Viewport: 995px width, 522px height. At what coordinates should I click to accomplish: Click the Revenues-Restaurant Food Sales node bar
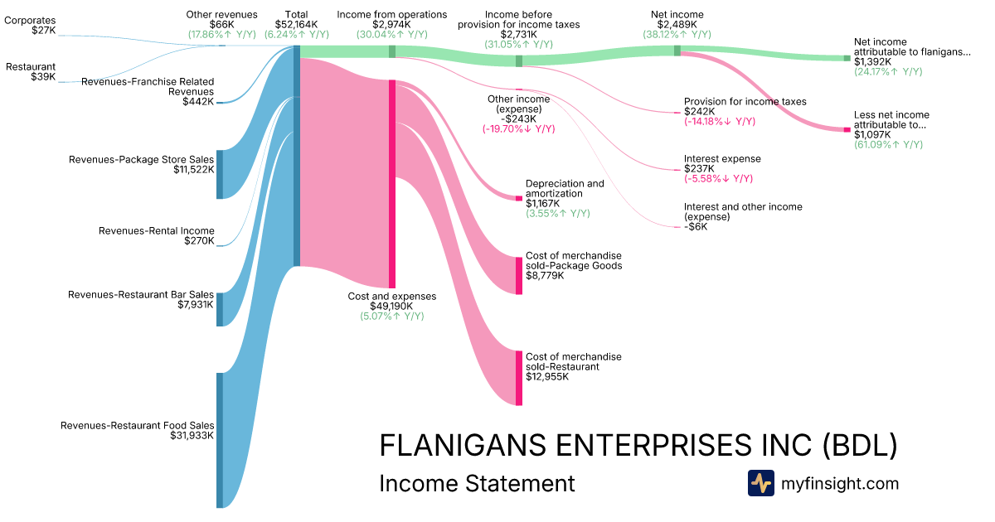pos(220,440)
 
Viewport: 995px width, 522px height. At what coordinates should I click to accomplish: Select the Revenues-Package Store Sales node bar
pos(220,175)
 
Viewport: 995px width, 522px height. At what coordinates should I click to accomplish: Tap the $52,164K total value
pos(296,25)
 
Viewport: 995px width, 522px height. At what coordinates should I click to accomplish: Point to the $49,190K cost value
pos(391,306)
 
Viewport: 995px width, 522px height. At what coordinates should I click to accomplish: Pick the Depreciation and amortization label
pos(565,188)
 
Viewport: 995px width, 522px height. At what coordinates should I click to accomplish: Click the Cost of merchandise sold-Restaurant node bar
pos(519,378)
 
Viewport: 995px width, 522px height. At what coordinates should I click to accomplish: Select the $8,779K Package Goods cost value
pos(545,276)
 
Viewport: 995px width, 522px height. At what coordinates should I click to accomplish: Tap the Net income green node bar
pos(677,51)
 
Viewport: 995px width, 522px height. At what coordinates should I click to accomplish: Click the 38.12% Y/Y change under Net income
pos(677,35)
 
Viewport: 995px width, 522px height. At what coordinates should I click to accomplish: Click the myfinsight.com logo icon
pos(760,483)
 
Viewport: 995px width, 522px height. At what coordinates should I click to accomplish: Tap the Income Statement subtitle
pos(477,483)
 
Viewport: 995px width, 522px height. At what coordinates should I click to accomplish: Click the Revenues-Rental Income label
pos(156,231)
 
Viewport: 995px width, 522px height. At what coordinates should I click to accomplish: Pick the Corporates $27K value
pos(43,31)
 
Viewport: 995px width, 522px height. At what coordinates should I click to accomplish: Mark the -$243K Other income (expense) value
pos(518,118)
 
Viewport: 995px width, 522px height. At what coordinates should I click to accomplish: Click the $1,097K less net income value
pos(872,134)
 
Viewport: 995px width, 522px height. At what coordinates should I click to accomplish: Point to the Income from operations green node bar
pos(392,51)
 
